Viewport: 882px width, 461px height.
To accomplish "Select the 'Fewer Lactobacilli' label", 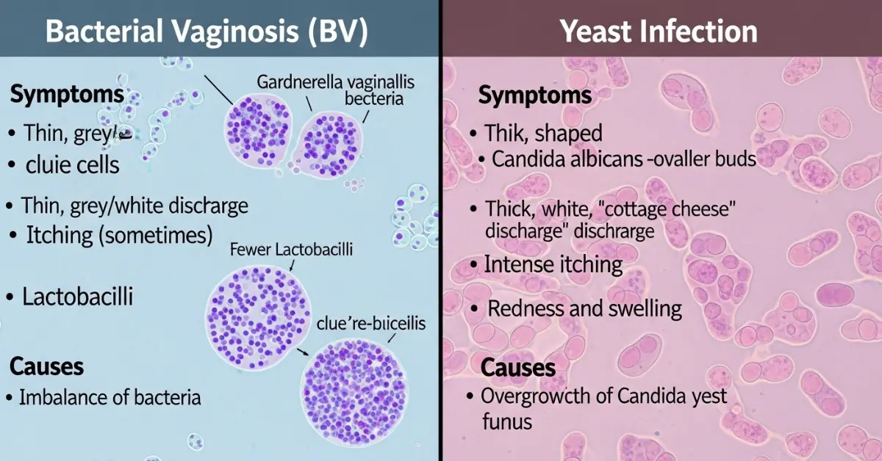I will (x=291, y=250).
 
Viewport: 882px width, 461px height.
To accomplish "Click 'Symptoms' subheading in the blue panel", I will (x=67, y=95).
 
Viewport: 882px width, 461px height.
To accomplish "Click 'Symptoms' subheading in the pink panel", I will (x=534, y=95).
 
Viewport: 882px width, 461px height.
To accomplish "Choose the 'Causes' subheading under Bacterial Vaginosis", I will (x=47, y=366).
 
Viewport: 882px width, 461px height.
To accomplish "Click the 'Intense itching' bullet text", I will (x=553, y=264).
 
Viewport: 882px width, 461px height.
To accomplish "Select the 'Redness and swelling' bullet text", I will (x=585, y=308).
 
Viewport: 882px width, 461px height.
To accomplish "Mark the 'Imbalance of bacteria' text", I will (x=110, y=398).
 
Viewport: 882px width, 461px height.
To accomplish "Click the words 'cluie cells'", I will (x=72, y=164).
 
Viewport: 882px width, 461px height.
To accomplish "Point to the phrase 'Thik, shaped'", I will (x=543, y=133).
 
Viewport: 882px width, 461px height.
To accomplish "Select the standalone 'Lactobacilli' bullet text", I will (x=78, y=297).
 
